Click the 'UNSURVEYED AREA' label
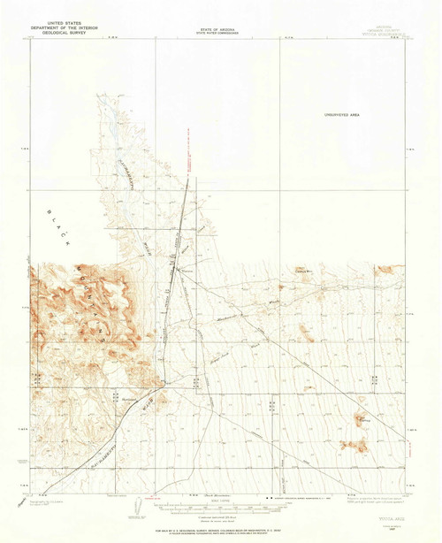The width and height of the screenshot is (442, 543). [342, 114]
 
